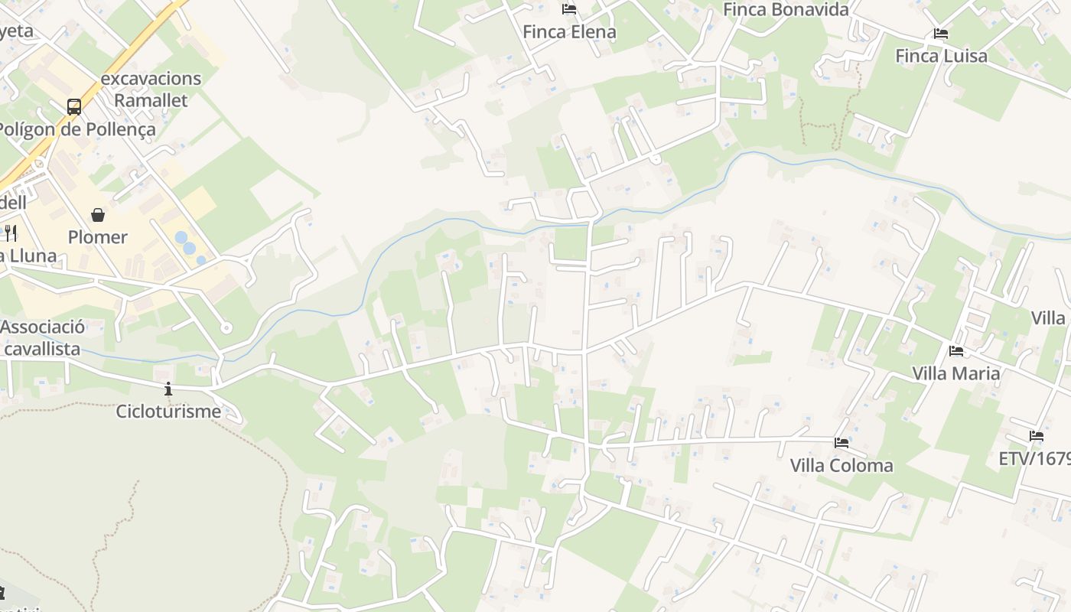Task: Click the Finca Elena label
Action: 569,32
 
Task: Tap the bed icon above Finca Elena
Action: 569,9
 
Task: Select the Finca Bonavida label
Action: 786,10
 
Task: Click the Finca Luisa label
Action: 941,56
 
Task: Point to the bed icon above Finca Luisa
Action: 941,34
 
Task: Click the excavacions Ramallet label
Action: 151,89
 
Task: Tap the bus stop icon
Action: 74,106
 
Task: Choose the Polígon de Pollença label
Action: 76,129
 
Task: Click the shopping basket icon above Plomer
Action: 98,215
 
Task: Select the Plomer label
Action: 98,237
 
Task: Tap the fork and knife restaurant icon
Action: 10,232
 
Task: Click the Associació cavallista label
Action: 42,338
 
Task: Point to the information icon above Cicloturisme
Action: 168,389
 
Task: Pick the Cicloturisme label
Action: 168,412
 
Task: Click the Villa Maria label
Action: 956,373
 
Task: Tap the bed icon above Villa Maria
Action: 956,351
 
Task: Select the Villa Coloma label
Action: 841,466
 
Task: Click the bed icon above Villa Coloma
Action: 841,443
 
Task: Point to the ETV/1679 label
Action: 1034,459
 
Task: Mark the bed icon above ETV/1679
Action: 1037,436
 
